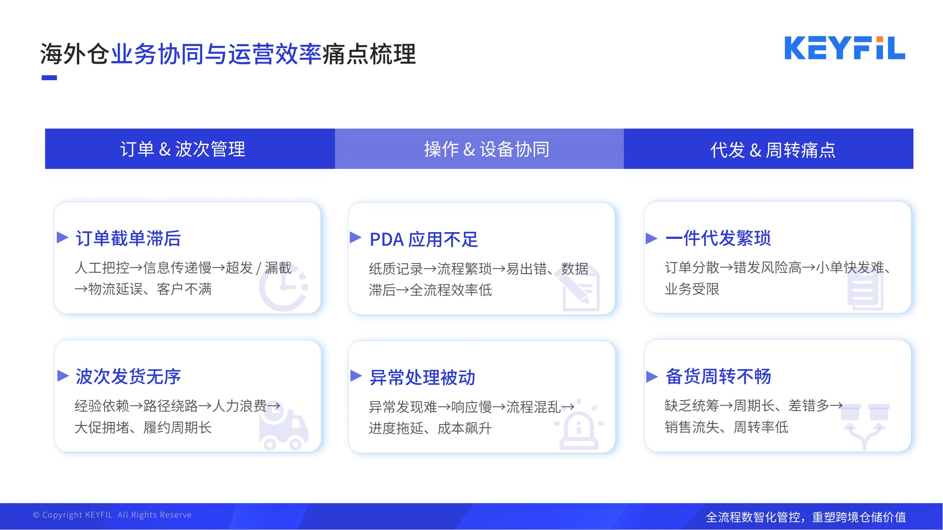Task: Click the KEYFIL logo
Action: point(844,48)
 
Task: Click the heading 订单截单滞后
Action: point(128,238)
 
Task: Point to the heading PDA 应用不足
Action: point(424,240)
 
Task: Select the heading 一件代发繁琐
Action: point(718,238)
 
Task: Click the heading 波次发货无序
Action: point(128,376)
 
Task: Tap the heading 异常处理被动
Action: point(422,377)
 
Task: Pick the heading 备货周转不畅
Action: point(718,376)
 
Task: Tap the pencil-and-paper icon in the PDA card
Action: point(577,288)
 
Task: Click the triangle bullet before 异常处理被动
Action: point(356,376)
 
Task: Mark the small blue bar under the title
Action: point(49,77)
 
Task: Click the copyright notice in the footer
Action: point(112,515)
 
